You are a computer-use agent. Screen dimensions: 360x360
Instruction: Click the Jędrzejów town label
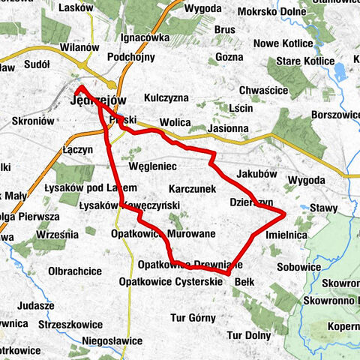pyautogui.click(x=98, y=100)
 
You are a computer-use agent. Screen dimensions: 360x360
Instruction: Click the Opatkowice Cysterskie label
pyautogui.click(x=172, y=281)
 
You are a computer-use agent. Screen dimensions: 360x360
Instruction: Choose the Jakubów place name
pyautogui.click(x=257, y=173)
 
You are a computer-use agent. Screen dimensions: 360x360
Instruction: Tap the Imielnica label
pyautogui.click(x=287, y=235)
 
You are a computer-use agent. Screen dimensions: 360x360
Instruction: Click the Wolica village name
pyautogui.click(x=175, y=123)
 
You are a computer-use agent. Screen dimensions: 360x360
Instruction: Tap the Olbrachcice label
pyautogui.click(x=75, y=270)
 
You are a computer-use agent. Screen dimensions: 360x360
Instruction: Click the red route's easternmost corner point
pyautogui.click(x=286, y=215)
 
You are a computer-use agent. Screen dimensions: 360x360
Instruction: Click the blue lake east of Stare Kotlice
pyautogui.click(x=340, y=71)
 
